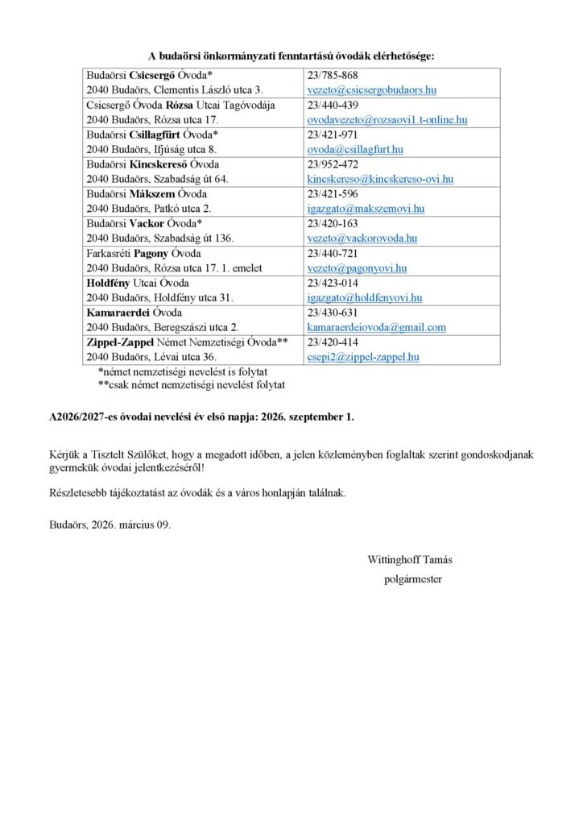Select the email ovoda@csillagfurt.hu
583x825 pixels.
tap(355, 149)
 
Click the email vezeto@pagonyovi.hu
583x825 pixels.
tap(357, 268)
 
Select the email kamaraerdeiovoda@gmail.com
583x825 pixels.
tap(376, 328)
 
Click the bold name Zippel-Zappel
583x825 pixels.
tap(120, 342)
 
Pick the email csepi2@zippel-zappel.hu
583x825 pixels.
tap(363, 357)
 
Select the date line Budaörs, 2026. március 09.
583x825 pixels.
tap(110, 523)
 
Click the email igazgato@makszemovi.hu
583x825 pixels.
tap(366, 209)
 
